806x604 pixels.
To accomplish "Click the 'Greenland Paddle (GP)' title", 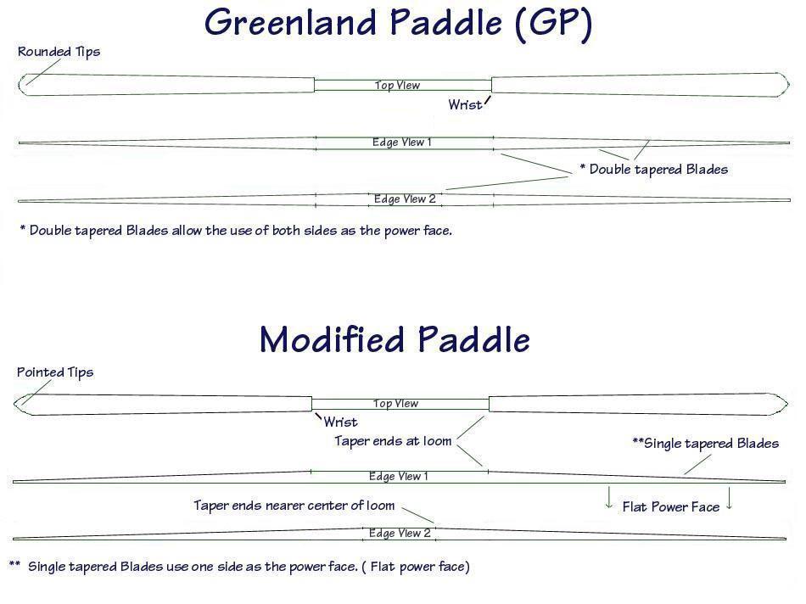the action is coord(399,23).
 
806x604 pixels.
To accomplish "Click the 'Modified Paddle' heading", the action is coord(395,339).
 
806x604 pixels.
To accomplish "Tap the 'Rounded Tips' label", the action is coord(59,52).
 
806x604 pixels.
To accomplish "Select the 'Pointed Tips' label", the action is coord(55,372).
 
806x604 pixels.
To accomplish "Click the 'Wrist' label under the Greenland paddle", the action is coord(465,105).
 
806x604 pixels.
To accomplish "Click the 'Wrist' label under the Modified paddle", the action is coord(340,422).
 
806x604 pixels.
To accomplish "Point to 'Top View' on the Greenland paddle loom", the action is coord(397,86).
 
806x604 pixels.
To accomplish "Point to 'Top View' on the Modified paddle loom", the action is coord(396,404).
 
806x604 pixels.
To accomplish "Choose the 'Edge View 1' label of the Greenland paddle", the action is coord(402,143).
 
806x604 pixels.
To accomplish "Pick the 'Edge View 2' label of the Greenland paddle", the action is coord(405,199).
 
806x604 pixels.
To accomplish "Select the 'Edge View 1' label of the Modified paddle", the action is coord(399,477).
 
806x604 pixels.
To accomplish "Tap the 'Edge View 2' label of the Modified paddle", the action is coord(400,533).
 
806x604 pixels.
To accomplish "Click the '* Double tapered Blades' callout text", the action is coord(654,170).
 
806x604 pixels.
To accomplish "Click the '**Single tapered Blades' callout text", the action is coord(705,444).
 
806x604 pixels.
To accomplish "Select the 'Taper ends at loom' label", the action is coord(393,441).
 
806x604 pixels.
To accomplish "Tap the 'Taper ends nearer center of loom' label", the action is coord(294,506).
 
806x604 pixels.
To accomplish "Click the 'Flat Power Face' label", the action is coord(671,507).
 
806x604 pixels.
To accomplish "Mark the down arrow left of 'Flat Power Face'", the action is coord(609,498).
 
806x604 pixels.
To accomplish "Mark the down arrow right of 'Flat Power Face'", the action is coord(729,498).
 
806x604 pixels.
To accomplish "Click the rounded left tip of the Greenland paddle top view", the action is coord(20,85).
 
